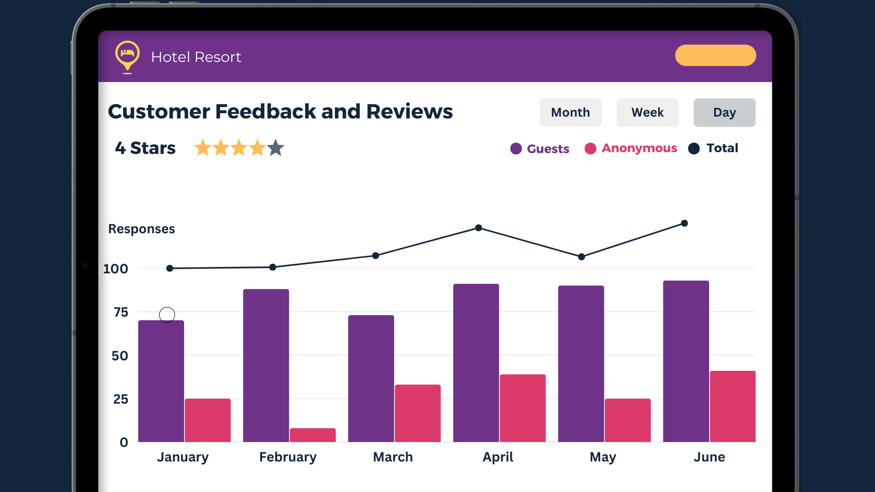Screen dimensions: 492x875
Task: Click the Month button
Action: point(570,113)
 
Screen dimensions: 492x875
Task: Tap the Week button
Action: point(647,113)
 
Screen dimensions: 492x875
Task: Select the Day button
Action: point(724,113)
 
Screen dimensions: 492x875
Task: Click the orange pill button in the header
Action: point(715,56)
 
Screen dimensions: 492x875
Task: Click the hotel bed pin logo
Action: point(128,56)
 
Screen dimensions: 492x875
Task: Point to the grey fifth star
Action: point(276,148)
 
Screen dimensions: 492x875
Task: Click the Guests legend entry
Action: point(540,149)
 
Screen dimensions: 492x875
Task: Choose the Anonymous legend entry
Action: point(631,149)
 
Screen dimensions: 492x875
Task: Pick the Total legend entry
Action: point(714,149)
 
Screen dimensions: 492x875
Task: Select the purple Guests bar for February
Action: point(266,364)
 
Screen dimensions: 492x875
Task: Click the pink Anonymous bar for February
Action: point(313,435)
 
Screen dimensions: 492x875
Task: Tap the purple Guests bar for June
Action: point(686,360)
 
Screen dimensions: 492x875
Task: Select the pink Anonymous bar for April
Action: point(522,408)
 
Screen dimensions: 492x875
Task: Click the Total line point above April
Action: point(479,228)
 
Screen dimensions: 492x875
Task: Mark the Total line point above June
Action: point(685,223)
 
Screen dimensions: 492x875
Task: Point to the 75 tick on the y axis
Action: point(121,313)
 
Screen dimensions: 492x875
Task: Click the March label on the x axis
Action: point(393,457)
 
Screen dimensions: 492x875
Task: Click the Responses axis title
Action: point(141,229)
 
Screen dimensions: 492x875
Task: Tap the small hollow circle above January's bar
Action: point(167,315)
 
